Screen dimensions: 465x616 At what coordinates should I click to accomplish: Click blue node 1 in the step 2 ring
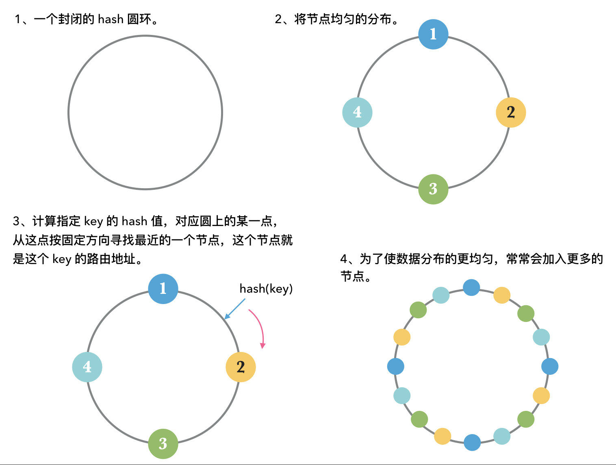pyautogui.click(x=433, y=34)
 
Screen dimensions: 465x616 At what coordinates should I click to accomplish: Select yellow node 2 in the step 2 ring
pyautogui.click(x=511, y=113)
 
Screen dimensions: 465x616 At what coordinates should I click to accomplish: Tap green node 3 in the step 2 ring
pyautogui.click(x=433, y=189)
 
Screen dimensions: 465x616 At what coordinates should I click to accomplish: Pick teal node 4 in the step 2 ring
pyautogui.click(x=357, y=113)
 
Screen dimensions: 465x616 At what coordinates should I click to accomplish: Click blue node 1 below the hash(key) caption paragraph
pyautogui.click(x=163, y=289)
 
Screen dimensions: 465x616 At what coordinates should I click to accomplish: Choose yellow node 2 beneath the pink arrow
pyautogui.click(x=241, y=367)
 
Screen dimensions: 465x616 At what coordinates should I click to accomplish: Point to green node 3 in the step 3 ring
pyautogui.click(x=163, y=443)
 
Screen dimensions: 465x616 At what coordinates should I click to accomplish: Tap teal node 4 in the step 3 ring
pyautogui.click(x=87, y=367)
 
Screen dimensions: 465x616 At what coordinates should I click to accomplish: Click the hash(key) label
pyautogui.click(x=266, y=289)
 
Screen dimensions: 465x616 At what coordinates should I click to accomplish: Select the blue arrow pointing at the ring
pyautogui.click(x=235, y=309)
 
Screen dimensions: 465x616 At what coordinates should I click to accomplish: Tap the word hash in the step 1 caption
pyautogui.click(x=111, y=19)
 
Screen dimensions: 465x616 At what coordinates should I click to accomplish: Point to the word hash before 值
pyautogui.click(x=134, y=221)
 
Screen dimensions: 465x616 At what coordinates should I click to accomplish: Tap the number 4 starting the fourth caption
pyautogui.click(x=344, y=259)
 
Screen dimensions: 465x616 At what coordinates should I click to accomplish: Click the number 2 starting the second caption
pyautogui.click(x=278, y=19)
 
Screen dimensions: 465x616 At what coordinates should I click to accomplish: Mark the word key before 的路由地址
pyautogui.click(x=62, y=259)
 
